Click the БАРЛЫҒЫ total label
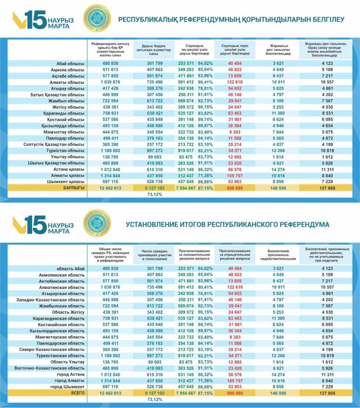[x=74, y=188]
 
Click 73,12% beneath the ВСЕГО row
[x=155, y=400]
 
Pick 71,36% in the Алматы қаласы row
[x=205, y=175]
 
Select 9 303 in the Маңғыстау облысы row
[x=233, y=132]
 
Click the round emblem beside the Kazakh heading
[x=97, y=19]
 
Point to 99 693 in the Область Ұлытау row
[x=154, y=362]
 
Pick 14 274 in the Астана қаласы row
[x=278, y=169]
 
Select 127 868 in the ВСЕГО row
[x=326, y=393]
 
